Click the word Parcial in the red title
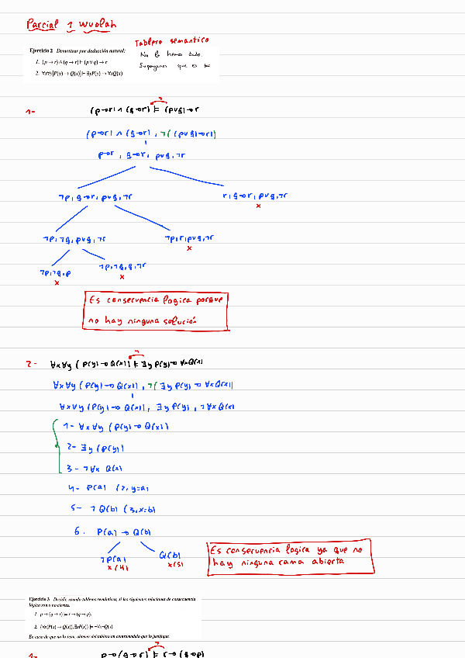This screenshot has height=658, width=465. coord(43,25)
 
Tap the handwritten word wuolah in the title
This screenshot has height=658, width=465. coord(97,25)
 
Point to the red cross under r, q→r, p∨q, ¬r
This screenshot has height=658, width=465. coord(258,206)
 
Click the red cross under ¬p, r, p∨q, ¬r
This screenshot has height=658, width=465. coord(189,248)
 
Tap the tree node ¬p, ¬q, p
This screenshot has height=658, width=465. coord(56,273)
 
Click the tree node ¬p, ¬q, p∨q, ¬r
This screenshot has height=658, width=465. coord(74,239)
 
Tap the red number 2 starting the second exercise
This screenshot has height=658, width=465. coord(30,363)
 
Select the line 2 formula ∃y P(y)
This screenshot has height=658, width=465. coord(99,448)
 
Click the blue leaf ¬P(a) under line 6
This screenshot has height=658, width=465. coord(112,559)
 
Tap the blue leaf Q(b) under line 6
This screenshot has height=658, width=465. coord(170,554)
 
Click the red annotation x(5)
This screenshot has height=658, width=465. coord(174,564)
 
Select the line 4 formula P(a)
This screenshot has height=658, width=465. coord(99,488)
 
